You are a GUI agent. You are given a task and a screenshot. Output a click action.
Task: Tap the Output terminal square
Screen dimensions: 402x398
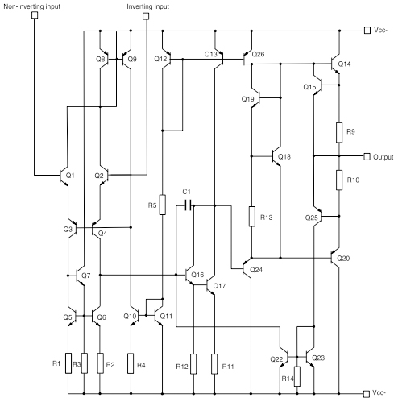(x=367, y=156)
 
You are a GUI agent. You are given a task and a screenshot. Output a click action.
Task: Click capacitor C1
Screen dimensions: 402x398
(x=186, y=205)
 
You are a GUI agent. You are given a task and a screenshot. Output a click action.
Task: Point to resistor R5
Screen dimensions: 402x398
(x=163, y=205)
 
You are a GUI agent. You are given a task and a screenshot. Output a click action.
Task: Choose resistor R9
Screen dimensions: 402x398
(x=339, y=131)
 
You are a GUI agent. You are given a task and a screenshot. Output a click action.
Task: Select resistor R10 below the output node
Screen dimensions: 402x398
(x=339, y=180)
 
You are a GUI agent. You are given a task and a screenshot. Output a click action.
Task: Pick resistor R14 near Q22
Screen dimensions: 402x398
(x=298, y=377)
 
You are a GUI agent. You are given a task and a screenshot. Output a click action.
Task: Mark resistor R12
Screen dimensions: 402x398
(x=193, y=364)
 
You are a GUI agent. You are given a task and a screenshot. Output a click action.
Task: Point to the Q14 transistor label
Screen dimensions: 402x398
(x=345, y=64)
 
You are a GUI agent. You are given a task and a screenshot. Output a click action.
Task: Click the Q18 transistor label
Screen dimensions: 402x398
(x=284, y=156)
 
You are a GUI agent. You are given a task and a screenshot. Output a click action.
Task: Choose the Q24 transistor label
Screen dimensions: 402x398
(x=256, y=269)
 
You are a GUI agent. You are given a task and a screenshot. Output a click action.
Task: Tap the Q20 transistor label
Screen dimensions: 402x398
(x=344, y=259)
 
